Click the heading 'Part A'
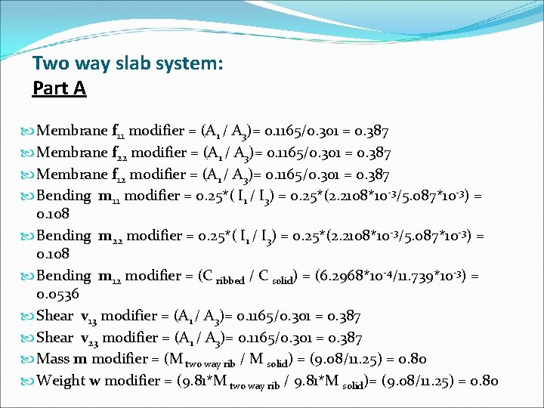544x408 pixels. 59,88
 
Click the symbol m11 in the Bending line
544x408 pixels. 109,197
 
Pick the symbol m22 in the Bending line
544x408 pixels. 110,236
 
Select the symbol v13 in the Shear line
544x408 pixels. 87,317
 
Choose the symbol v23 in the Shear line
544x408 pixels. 88,338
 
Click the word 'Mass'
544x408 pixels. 53,359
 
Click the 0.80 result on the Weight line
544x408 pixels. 484,380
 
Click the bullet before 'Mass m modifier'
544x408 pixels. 28,359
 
